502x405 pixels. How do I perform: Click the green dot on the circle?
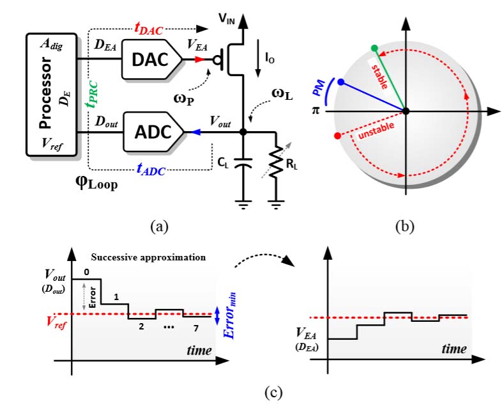click(x=374, y=49)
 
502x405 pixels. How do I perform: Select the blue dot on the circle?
click(x=340, y=83)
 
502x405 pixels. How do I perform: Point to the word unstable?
click(x=372, y=130)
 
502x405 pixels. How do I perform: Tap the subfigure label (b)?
click(x=405, y=225)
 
